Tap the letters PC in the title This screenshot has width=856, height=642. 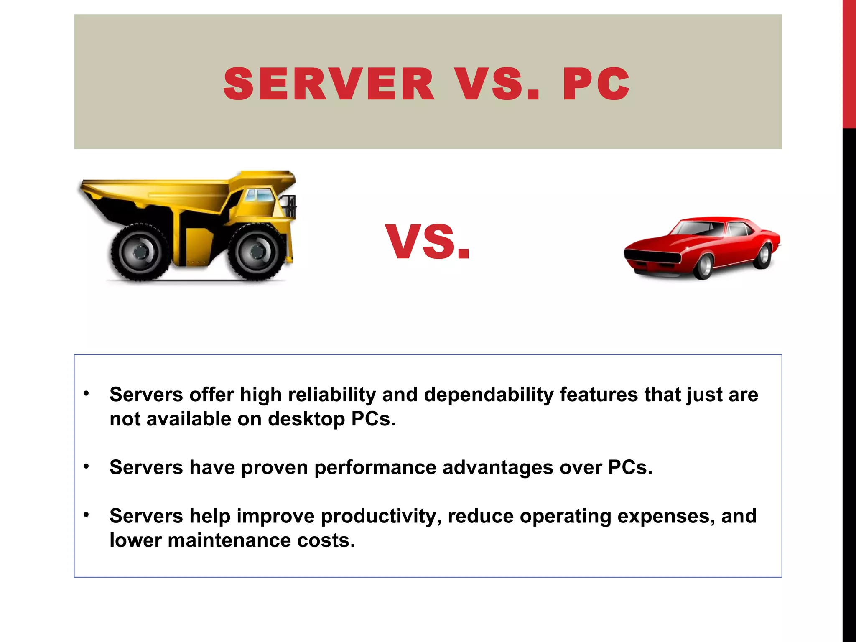[596, 84]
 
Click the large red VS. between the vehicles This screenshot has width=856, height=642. [428, 242]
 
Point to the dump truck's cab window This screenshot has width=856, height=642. [258, 195]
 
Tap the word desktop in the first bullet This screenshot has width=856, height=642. [306, 419]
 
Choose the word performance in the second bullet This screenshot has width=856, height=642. [375, 467]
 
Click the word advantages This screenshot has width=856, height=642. [497, 467]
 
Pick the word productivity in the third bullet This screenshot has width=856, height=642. [381, 516]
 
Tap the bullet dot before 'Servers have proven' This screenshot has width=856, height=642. [86, 466]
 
